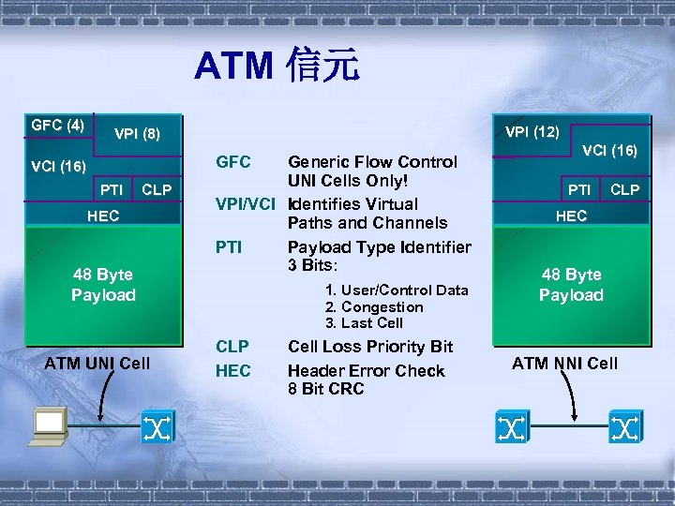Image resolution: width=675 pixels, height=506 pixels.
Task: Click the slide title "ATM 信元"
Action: [x=277, y=67]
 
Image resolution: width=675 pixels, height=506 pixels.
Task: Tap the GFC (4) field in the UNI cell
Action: [x=57, y=125]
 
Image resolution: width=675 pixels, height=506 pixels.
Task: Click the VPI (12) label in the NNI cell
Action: [x=532, y=131]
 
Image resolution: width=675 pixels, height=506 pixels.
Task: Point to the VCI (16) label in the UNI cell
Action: [x=58, y=167]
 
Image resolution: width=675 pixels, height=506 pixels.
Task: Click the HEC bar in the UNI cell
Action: [x=103, y=216]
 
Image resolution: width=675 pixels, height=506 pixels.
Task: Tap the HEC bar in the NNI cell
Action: [x=571, y=216]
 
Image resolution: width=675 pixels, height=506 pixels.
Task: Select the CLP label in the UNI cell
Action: [x=157, y=190]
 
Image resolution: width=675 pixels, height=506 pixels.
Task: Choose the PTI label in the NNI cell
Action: [x=579, y=190]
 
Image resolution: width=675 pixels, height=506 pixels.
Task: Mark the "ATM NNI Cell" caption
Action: [x=564, y=363]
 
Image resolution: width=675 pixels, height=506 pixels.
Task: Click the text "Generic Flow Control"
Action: [x=372, y=162]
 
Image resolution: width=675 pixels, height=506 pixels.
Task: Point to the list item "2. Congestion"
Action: [x=374, y=306]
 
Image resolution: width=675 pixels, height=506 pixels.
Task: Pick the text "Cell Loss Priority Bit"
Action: [x=370, y=347]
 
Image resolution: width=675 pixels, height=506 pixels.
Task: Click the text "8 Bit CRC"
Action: [x=326, y=389]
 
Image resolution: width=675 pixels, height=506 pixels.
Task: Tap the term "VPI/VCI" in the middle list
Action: [x=246, y=204]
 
